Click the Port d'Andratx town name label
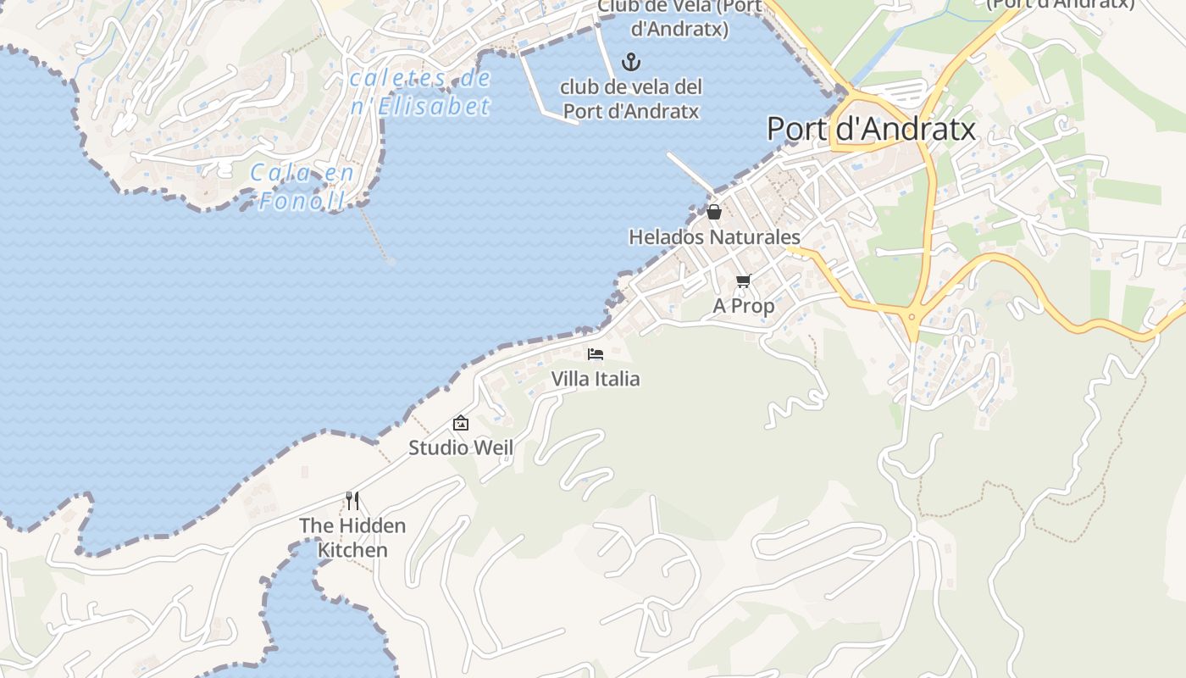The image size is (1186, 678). coord(871,129)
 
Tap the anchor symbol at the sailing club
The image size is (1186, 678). coord(630,62)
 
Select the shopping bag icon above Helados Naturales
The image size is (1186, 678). coord(714,212)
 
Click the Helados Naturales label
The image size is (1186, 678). coord(714,236)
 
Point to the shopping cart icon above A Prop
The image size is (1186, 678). coord(743,281)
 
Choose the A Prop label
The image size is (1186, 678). coord(743,305)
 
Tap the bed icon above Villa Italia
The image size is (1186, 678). coord(596,353)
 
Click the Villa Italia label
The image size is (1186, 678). coord(596,378)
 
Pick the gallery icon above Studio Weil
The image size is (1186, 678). coord(461,422)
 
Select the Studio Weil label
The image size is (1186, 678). coord(461,447)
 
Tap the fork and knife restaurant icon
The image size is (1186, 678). coord(352,501)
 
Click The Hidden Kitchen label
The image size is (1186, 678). coord(352,537)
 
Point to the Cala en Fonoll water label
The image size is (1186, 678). coord(301,187)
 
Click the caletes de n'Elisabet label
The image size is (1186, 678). coord(421,92)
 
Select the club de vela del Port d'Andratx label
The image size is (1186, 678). coord(632,98)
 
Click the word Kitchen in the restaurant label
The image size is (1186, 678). coord(352,550)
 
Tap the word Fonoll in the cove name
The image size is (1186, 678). coord(302,201)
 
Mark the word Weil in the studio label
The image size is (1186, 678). coord(495,447)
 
